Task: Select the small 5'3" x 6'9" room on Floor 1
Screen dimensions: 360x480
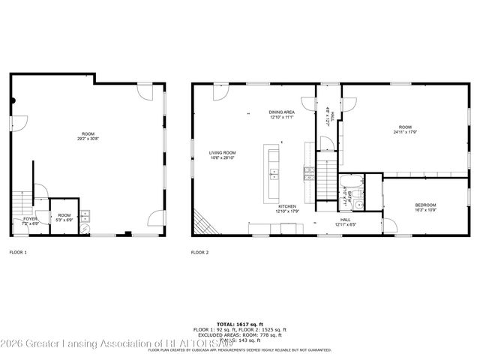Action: (x=64, y=218)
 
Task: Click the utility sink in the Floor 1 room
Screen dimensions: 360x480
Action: (x=85, y=214)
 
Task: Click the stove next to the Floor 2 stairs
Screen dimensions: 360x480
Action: (x=307, y=174)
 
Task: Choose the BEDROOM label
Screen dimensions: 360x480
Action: (x=425, y=205)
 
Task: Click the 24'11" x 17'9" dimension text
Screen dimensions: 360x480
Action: (x=405, y=132)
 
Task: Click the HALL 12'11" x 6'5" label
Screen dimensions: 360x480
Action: (x=346, y=222)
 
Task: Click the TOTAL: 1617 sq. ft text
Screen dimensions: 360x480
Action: (x=239, y=322)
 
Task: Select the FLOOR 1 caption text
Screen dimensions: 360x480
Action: (x=17, y=252)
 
